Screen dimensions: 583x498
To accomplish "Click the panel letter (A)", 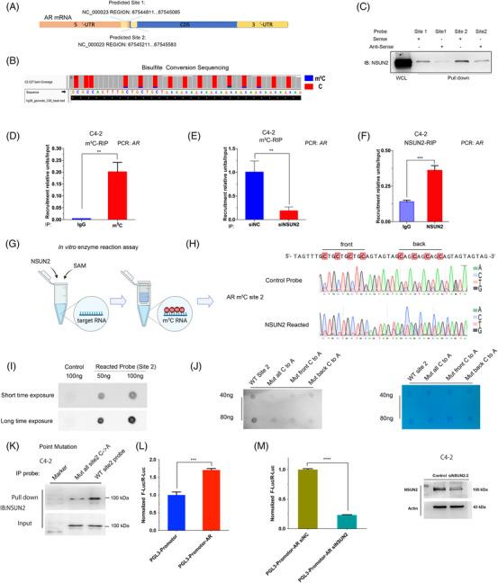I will (x=12, y=8).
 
